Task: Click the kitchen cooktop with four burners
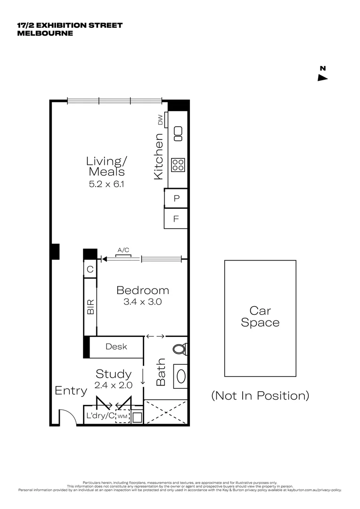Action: pos(178,164)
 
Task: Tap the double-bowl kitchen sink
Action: pos(178,133)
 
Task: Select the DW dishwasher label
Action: pos(160,120)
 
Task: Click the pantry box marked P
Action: pos(176,198)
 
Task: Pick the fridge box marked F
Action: pos(176,219)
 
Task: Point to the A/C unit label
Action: pos(123,251)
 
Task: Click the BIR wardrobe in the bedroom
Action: pos(90,307)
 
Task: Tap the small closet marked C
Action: pos(90,270)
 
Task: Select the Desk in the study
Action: pos(116,346)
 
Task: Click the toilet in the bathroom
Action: pos(180,349)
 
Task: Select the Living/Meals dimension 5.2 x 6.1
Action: pos(107,184)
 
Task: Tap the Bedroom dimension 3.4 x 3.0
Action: pos(142,302)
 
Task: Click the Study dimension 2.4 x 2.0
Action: pos(113,385)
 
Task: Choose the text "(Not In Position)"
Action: pos(260,395)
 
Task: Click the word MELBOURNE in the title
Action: pos(45,33)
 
